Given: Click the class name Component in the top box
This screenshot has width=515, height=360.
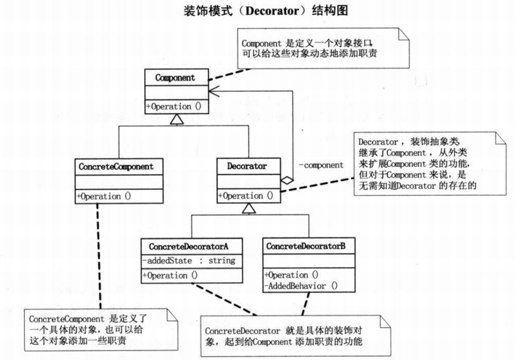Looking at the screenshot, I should pos(175,78).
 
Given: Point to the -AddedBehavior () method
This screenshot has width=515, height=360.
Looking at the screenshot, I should pos(301,286).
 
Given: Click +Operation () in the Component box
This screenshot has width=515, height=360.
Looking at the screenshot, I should pos(173,107).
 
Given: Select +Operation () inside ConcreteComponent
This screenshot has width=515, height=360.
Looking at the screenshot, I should pos(104,196).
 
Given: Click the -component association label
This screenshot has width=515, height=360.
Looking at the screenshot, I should pos(321,165).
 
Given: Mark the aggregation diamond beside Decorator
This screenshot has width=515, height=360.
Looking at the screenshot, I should pos(286,180).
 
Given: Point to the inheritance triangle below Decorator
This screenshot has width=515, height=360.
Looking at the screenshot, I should pos(248,208).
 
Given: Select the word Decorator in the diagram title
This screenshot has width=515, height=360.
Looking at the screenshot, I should pos(271,11).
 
